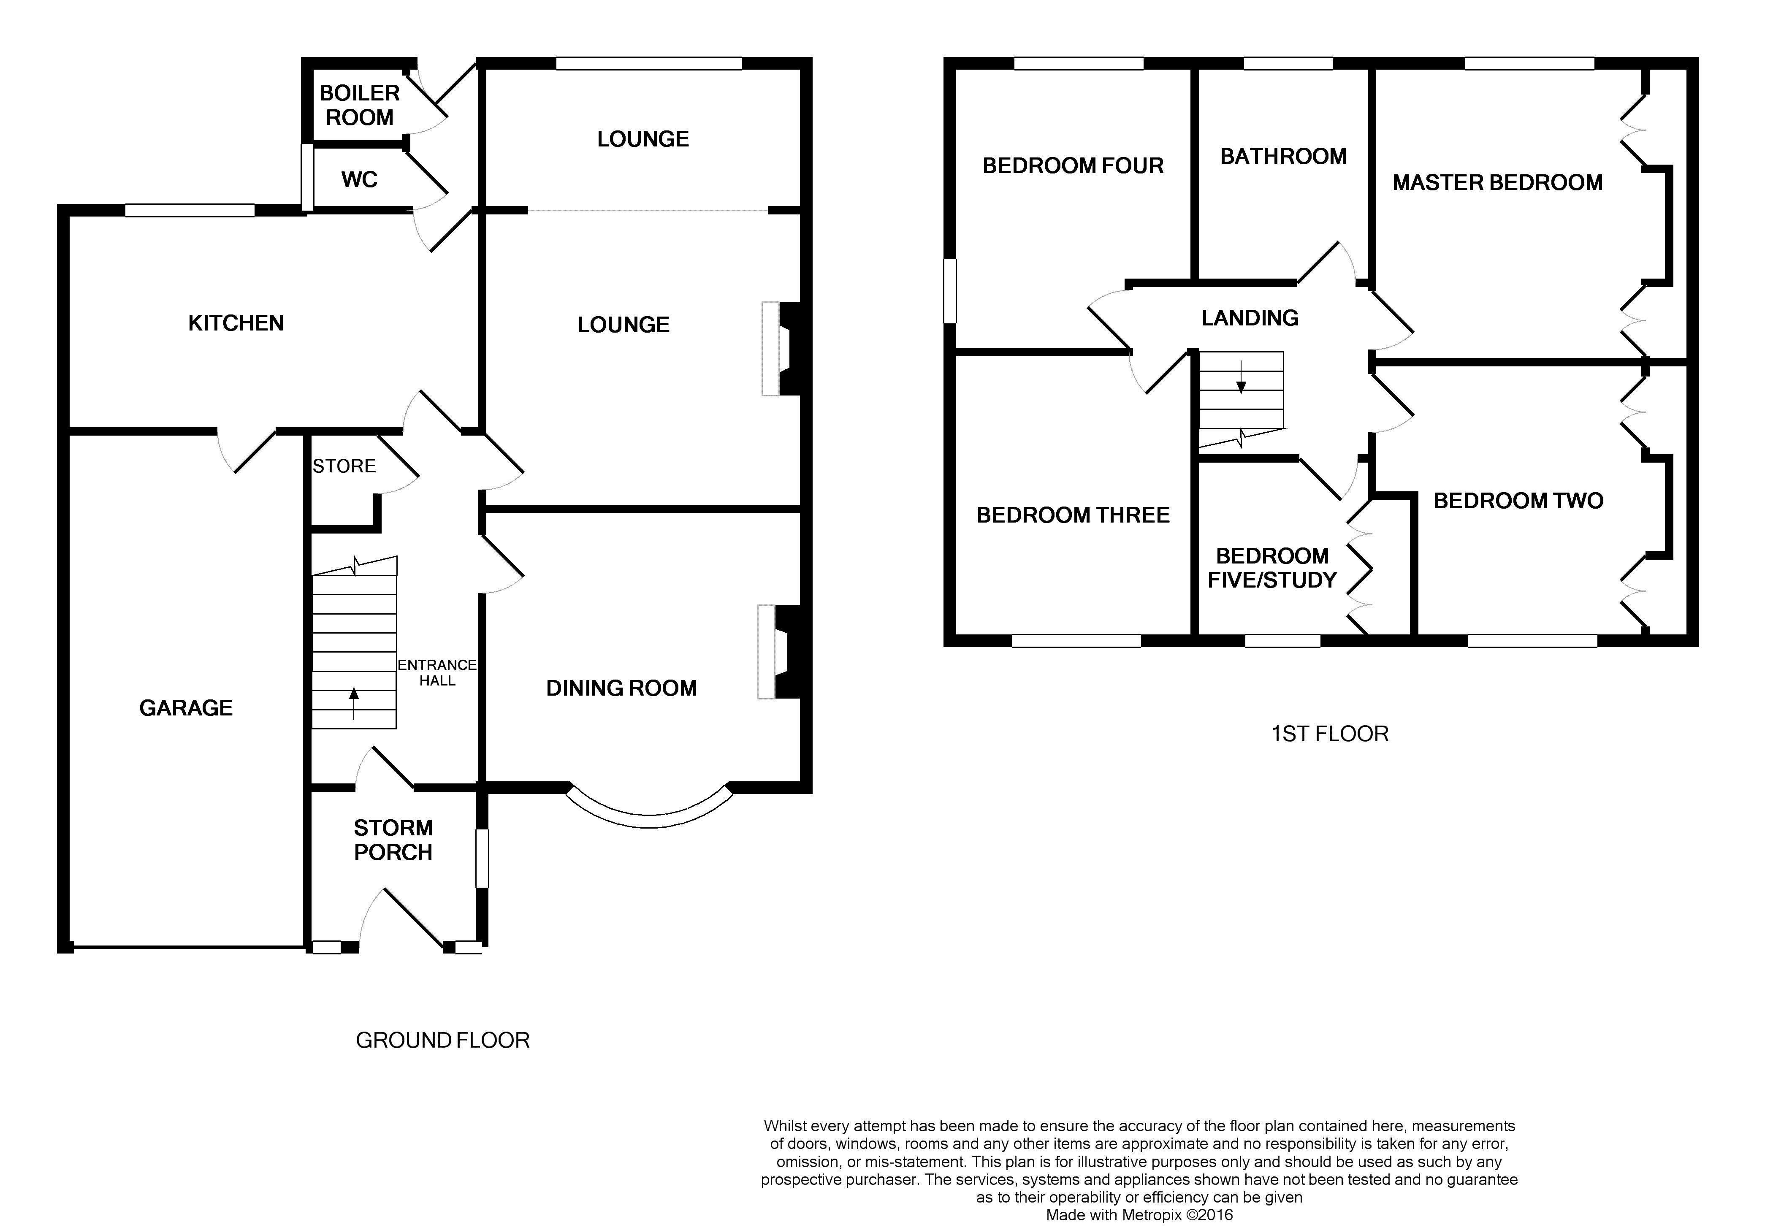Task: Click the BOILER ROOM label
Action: [359, 106]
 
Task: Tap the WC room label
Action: [359, 179]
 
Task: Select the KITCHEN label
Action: [236, 323]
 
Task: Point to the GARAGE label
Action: [186, 707]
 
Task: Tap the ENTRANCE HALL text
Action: [437, 672]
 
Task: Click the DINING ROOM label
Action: [621, 688]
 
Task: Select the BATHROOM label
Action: [1283, 157]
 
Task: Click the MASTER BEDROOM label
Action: [1497, 183]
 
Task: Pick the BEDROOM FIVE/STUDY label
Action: [1272, 568]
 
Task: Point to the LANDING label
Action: [1250, 317]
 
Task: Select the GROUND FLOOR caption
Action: [442, 1040]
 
